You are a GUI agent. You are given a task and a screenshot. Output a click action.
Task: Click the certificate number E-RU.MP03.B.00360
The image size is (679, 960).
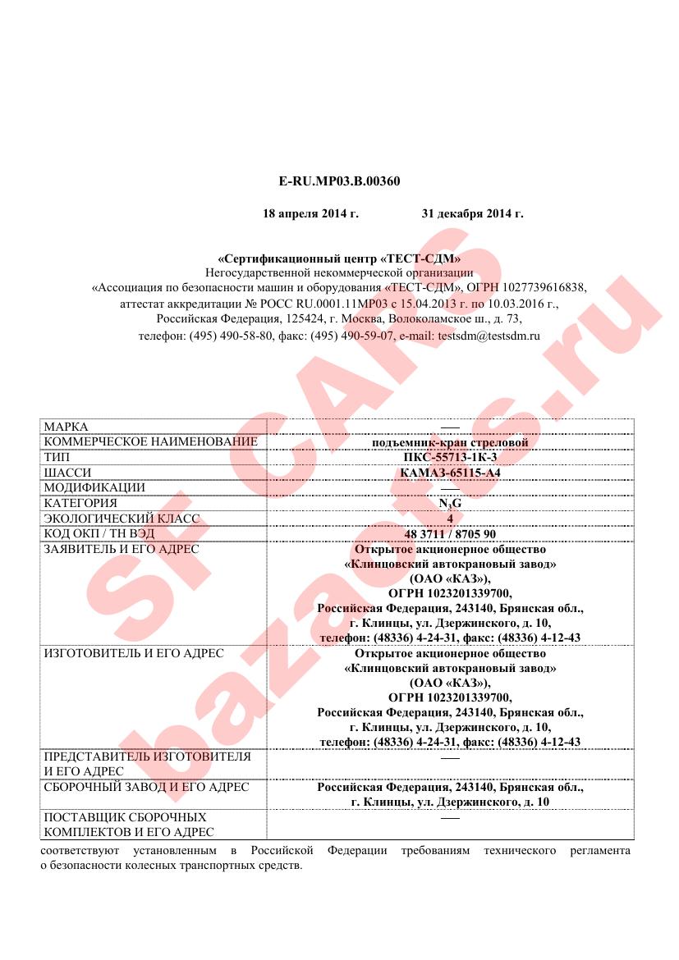click(x=339, y=181)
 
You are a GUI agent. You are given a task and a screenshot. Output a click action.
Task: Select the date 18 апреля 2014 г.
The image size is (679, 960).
click(x=310, y=214)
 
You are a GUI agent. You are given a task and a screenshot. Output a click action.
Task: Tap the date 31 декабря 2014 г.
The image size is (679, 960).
click(x=472, y=214)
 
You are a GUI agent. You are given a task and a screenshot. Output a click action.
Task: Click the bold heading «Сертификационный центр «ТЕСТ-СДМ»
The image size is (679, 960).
click(x=339, y=258)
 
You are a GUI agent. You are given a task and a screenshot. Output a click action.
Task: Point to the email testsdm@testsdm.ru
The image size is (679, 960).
click(x=489, y=336)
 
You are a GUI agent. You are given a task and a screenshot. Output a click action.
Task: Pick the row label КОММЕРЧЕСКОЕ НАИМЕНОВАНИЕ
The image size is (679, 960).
click(x=150, y=442)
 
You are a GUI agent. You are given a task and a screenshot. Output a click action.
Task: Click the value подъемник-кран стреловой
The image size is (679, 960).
click(x=450, y=443)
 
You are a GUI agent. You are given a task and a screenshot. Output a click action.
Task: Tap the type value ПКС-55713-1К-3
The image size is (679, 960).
click(x=450, y=458)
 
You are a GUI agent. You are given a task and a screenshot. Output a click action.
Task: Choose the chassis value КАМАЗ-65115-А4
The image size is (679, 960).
click(x=450, y=473)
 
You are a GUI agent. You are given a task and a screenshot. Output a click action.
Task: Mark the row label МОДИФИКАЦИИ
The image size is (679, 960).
click(x=94, y=487)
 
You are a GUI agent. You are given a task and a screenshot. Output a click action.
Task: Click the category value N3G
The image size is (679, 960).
click(x=450, y=503)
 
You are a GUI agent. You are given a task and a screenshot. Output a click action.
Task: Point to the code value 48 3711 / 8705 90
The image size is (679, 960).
click(x=450, y=533)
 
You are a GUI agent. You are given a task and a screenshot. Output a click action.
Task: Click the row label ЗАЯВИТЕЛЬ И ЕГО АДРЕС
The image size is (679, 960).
click(x=122, y=548)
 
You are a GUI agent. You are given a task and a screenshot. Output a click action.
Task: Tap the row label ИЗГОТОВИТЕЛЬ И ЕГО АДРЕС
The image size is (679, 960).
click(x=133, y=653)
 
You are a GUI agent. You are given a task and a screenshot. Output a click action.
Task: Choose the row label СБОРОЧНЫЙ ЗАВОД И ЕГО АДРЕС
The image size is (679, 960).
click(x=146, y=787)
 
